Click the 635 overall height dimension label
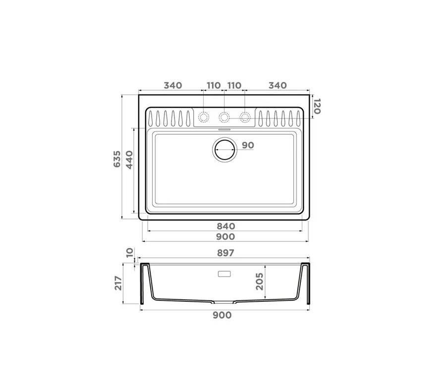(117, 159)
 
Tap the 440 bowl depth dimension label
(129, 160)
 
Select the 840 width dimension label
(226, 226)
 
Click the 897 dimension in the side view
(225, 253)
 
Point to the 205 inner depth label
(259, 281)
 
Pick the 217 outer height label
(118, 283)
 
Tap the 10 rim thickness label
(129, 252)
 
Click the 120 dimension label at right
(317, 107)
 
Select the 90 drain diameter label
(248, 145)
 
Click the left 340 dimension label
(172, 85)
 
